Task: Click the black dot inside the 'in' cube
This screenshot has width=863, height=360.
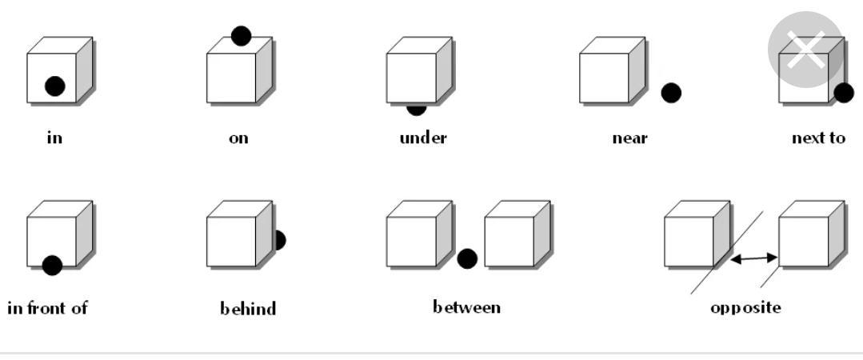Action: (54, 86)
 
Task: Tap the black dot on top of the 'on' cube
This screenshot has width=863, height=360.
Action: (241, 36)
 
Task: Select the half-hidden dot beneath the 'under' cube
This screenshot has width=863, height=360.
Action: (417, 109)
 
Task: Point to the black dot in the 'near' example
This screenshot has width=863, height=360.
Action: (671, 93)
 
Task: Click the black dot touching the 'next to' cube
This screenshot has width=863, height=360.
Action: (844, 93)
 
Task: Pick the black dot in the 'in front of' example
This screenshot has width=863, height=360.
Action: (52, 265)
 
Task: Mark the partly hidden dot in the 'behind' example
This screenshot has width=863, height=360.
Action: (279, 239)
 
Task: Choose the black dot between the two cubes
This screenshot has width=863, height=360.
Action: (467, 258)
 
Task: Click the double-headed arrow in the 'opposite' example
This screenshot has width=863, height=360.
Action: (754, 258)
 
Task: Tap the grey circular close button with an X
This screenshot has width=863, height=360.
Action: (805, 50)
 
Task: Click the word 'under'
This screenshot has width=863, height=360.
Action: (423, 138)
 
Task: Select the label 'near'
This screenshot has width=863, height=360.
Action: (629, 138)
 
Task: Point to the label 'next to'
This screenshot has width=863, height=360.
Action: (817, 138)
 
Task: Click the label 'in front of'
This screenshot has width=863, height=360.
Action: (47, 307)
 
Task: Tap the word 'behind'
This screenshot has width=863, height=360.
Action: (248, 308)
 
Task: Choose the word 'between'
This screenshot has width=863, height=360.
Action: (467, 307)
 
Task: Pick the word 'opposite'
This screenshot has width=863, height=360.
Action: (745, 308)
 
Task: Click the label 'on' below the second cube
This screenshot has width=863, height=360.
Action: (238, 138)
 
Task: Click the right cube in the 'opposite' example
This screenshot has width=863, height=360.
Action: (808, 238)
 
